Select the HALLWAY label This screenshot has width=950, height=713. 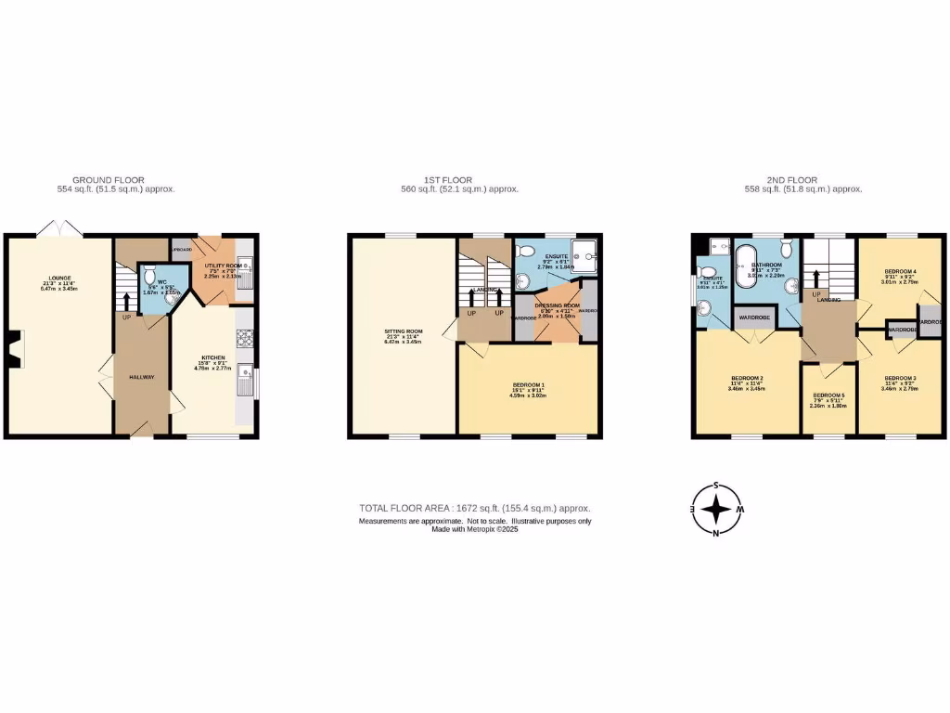click(142, 376)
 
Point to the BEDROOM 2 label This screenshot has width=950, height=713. click(747, 378)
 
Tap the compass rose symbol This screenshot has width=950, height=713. click(716, 509)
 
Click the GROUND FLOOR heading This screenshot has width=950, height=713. click(109, 180)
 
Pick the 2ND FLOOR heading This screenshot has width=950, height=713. click(792, 180)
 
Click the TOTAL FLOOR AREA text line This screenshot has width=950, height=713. click(474, 509)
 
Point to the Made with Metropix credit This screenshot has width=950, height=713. click(474, 529)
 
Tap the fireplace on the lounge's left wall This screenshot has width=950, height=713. click(12, 351)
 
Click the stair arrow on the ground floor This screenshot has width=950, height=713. click(126, 300)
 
